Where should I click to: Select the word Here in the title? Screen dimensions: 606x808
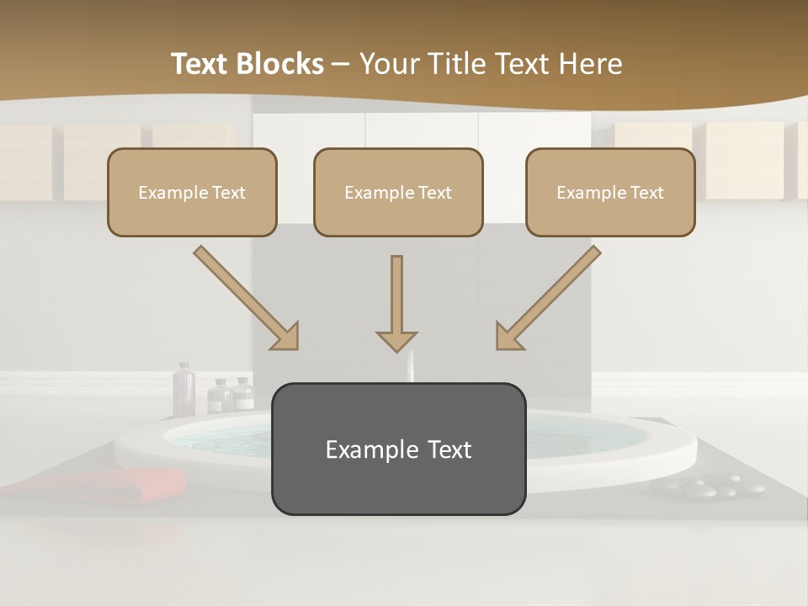(x=590, y=64)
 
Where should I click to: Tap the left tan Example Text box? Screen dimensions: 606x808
(x=192, y=192)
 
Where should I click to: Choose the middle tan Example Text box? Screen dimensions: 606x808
(x=398, y=192)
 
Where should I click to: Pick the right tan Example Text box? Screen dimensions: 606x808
(x=610, y=192)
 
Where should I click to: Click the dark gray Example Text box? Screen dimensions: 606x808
(x=398, y=449)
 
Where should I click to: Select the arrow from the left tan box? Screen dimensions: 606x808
(x=245, y=297)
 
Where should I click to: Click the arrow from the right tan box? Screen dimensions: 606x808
(x=549, y=297)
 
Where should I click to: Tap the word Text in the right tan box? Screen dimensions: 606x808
(x=646, y=192)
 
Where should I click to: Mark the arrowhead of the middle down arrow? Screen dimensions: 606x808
(x=396, y=340)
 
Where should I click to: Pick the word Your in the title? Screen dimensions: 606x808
(x=389, y=64)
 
